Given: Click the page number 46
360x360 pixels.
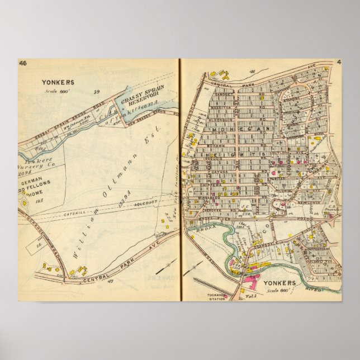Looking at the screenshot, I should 23,63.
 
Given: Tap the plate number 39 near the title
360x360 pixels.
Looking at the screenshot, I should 96,92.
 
